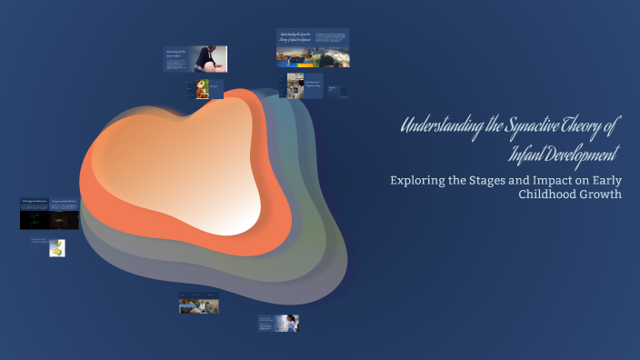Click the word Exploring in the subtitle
(x=420, y=179)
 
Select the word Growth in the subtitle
(x=603, y=195)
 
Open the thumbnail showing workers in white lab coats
(x=295, y=85)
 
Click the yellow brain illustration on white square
(x=57, y=247)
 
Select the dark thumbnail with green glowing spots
(x=34, y=218)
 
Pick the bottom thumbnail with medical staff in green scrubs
(x=198, y=305)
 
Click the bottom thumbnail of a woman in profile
(x=288, y=323)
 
